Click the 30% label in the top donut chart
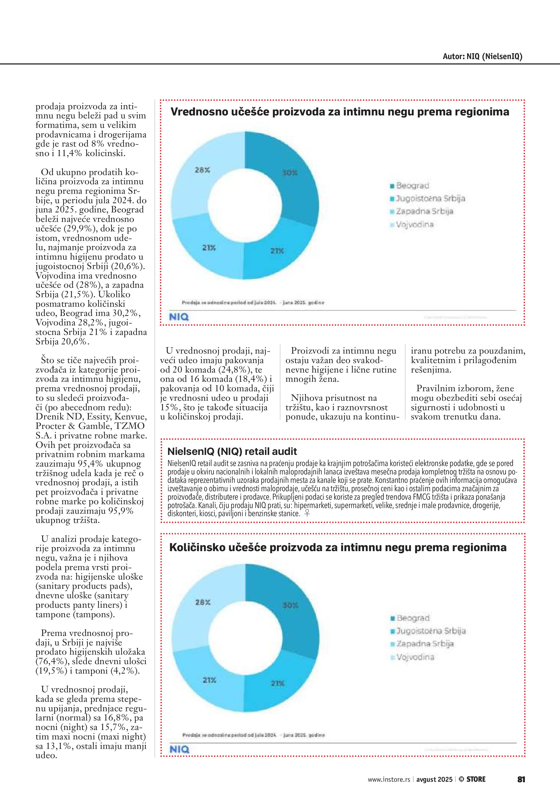[x=290, y=173]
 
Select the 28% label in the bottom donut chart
[x=203, y=602]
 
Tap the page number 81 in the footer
[x=521, y=779]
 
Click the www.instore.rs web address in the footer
[x=389, y=779]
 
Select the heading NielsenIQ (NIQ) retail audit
[x=232, y=451]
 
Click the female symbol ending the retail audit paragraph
[x=307, y=513]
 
